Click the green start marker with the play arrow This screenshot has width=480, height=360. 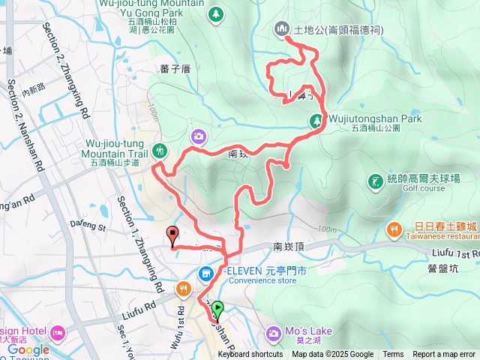(x=217, y=307)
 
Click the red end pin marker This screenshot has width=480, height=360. (x=172, y=235)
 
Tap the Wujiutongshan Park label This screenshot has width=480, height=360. (x=374, y=118)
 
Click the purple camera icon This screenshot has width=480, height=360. (x=198, y=136)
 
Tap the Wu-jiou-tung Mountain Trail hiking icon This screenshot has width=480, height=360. (x=159, y=151)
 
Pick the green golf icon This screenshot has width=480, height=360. (x=374, y=181)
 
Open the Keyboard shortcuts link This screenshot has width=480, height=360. (x=250, y=355)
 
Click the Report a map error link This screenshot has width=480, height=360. (x=444, y=355)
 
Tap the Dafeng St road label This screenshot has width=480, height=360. (x=88, y=224)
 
